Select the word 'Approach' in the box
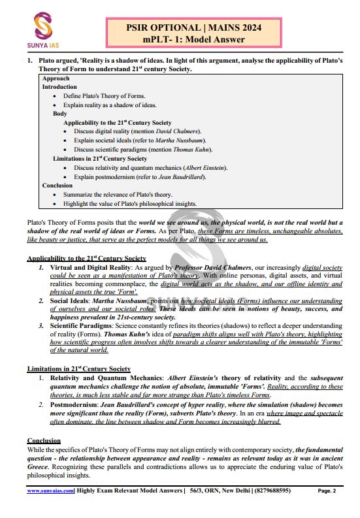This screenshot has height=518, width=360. (x=56, y=78)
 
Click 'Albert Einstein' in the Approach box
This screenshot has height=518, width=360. (x=205, y=167)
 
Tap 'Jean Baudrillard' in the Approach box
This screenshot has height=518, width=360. (x=189, y=176)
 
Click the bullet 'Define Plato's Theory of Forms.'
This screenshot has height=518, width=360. (x=105, y=96)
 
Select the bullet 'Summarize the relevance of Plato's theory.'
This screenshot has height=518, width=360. (x=119, y=194)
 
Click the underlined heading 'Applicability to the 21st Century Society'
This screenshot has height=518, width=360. (x=87, y=259)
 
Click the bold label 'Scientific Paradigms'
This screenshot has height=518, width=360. (x=77, y=325)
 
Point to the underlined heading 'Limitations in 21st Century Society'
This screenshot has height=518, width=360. (x=78, y=369)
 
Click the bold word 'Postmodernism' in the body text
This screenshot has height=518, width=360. (x=71, y=405)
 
